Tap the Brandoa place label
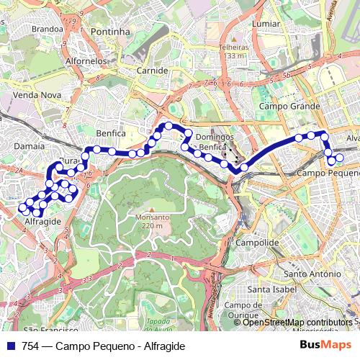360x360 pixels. click(48, 29)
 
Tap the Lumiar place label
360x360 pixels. click(266, 24)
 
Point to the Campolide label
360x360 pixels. click(258, 243)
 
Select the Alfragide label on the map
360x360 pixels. click(42, 222)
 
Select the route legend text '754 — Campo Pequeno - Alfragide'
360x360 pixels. click(104, 346)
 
